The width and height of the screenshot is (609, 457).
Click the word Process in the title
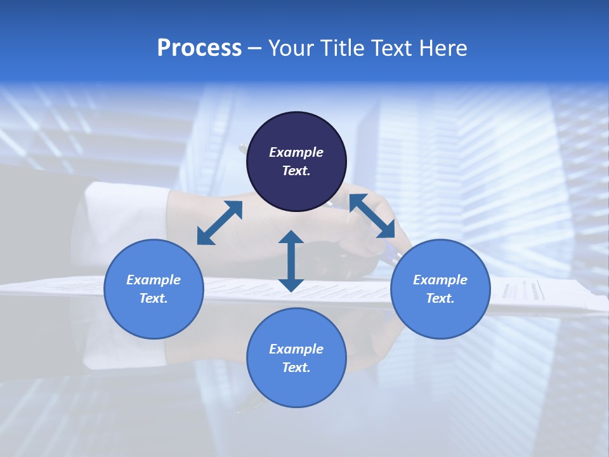pos(199,48)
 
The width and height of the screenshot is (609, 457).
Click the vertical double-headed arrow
pos(291,261)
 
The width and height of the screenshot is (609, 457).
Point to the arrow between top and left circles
pos(219,222)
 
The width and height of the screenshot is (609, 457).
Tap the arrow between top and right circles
pos(372,216)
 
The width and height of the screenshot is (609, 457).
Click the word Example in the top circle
pos(296,152)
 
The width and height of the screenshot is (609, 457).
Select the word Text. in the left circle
pos(154,298)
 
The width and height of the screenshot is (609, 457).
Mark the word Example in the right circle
pos(440,280)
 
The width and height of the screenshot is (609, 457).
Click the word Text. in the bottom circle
pos(296,368)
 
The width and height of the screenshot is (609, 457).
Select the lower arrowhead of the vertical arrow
pos(291,285)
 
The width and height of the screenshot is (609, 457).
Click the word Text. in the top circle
pos(296,171)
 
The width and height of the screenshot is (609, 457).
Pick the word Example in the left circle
pos(154,280)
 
